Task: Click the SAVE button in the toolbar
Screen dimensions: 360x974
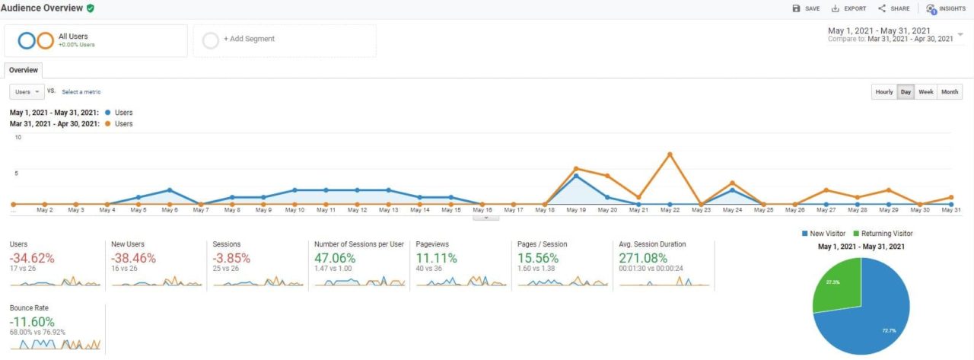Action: point(806,8)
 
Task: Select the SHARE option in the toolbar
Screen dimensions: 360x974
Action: point(894,8)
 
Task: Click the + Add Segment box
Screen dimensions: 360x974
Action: point(285,40)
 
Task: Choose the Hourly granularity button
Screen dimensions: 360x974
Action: point(884,92)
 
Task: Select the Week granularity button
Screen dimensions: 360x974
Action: point(926,92)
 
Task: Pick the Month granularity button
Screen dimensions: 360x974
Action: point(950,92)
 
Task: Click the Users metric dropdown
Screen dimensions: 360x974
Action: point(27,92)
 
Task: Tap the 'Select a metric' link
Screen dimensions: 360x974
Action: point(81,92)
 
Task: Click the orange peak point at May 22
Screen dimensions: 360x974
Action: point(670,155)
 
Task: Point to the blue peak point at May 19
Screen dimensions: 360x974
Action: point(576,176)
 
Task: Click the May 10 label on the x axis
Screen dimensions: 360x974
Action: point(294,210)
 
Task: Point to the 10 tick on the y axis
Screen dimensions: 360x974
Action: point(18,138)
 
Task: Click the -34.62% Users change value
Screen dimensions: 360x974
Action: point(32,258)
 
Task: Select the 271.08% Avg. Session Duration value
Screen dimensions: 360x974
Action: point(645,258)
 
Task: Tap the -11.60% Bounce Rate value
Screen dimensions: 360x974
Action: point(33,321)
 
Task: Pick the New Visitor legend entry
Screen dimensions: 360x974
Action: point(826,234)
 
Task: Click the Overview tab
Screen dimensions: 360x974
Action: point(23,69)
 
